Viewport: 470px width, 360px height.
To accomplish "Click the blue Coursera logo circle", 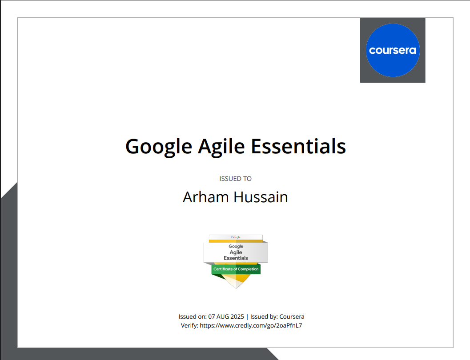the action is (393, 50).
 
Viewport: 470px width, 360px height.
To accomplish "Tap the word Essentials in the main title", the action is (298, 146).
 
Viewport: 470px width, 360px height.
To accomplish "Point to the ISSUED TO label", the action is (235, 179).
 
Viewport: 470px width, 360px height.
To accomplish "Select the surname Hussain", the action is (261, 197).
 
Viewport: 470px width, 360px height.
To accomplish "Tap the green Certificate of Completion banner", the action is (236, 269).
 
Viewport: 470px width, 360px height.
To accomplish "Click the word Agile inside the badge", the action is (236, 252).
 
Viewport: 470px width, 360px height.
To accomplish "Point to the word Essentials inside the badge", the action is (236, 258).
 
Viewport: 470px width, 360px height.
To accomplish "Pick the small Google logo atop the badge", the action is (236, 237).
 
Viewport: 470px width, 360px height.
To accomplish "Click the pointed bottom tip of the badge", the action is (236, 288).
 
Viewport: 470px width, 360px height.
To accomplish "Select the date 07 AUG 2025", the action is (226, 316).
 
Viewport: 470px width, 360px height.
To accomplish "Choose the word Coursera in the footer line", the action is (292, 316).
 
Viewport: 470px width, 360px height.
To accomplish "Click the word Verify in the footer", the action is (189, 326).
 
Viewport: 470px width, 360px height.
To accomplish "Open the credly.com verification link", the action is (251, 326).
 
